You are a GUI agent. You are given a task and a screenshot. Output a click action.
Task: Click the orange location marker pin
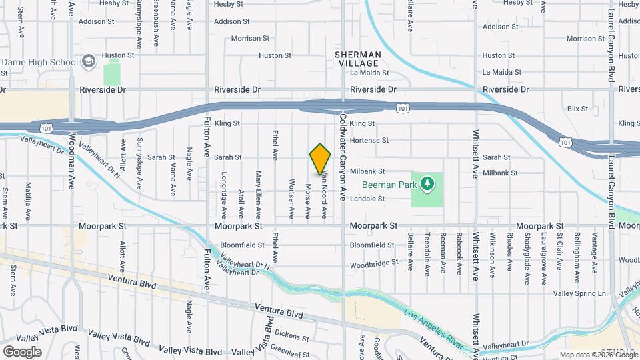(320, 159)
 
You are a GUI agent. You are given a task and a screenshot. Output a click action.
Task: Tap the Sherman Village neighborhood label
(359, 59)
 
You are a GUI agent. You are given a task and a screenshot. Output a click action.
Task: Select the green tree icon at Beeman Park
(427, 183)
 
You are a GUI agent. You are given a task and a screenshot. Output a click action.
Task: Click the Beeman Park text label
(389, 185)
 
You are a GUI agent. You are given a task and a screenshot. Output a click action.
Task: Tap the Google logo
(22, 352)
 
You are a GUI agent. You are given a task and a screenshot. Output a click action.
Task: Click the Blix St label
(577, 109)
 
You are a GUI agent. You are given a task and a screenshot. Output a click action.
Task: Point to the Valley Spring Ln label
(579, 293)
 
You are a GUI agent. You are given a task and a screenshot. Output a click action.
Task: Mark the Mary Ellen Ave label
(258, 195)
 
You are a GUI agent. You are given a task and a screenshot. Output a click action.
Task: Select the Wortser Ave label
(291, 198)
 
